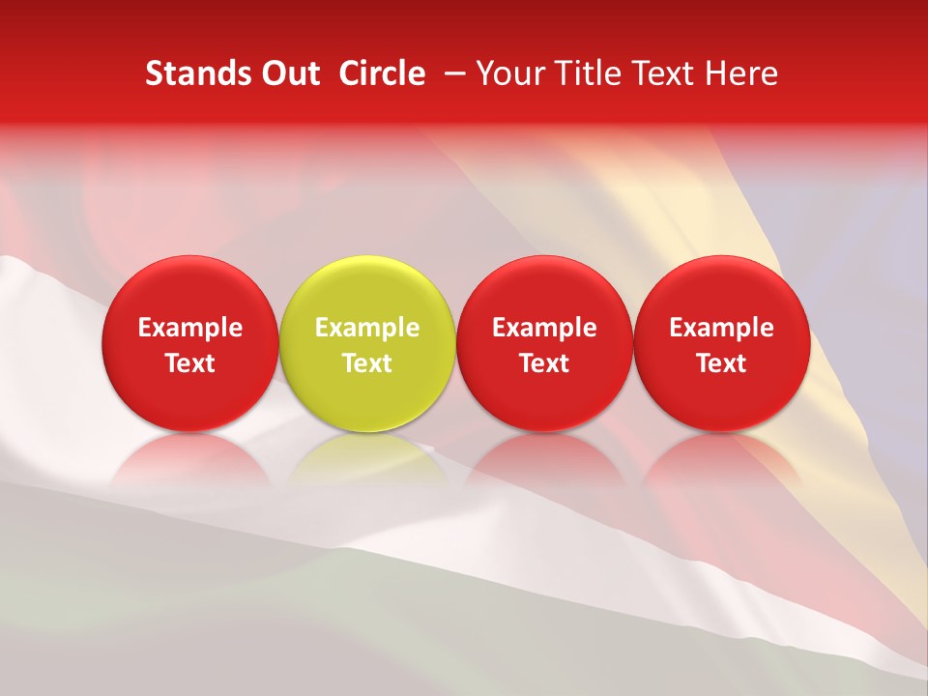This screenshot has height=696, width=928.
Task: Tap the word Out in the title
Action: pos(289,73)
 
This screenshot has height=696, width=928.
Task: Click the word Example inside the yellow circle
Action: pos(367,328)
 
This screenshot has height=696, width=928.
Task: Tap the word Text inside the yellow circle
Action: pos(367,363)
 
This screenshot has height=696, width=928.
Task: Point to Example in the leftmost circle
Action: pos(190,328)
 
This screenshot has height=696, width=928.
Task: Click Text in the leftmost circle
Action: pos(190,363)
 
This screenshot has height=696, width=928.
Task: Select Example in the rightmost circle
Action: pos(722,328)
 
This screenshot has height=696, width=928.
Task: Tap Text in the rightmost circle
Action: pos(722,363)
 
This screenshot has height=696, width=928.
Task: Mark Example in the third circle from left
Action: pos(545,328)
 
